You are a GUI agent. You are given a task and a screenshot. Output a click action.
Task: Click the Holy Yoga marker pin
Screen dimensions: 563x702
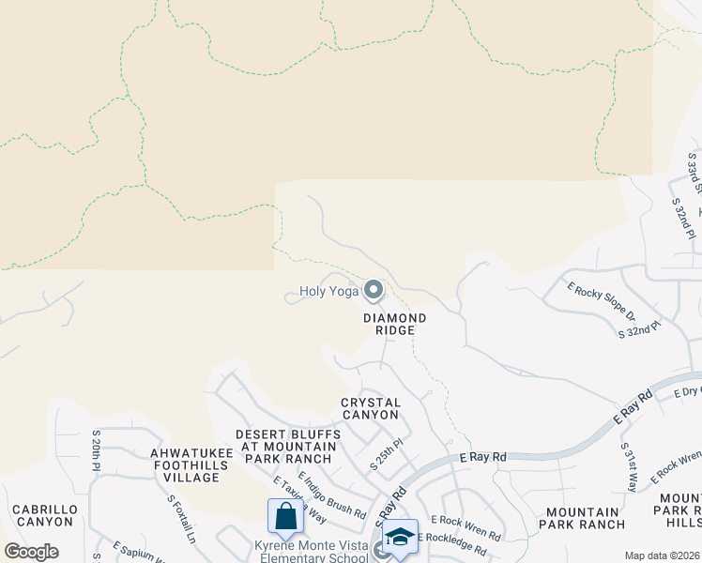pyautogui.click(x=374, y=291)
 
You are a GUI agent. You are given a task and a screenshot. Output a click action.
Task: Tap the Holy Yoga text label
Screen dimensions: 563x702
pyautogui.click(x=329, y=292)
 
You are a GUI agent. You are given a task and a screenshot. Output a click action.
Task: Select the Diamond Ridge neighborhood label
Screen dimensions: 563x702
pyautogui.click(x=395, y=324)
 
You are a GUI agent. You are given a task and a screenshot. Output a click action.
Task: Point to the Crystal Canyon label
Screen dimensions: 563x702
pyautogui.click(x=371, y=408)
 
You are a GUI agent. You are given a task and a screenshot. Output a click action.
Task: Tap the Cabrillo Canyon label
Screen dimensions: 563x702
pyautogui.click(x=44, y=515)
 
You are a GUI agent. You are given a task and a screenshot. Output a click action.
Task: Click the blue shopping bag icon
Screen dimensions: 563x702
pyautogui.click(x=284, y=516)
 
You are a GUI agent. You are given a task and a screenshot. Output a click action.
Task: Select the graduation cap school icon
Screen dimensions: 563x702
pyautogui.click(x=401, y=537)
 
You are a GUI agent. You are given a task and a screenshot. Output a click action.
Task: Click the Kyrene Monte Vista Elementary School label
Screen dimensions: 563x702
pyautogui.click(x=311, y=552)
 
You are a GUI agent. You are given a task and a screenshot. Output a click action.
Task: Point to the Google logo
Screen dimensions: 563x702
pyautogui.click(x=31, y=552)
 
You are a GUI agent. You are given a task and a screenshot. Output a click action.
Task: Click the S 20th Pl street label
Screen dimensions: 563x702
pyautogui.click(x=96, y=451)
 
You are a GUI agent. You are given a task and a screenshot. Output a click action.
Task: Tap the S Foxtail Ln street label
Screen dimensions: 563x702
pyautogui.click(x=181, y=519)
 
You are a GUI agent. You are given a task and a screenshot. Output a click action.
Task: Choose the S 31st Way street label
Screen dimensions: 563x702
pyautogui.click(x=629, y=465)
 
